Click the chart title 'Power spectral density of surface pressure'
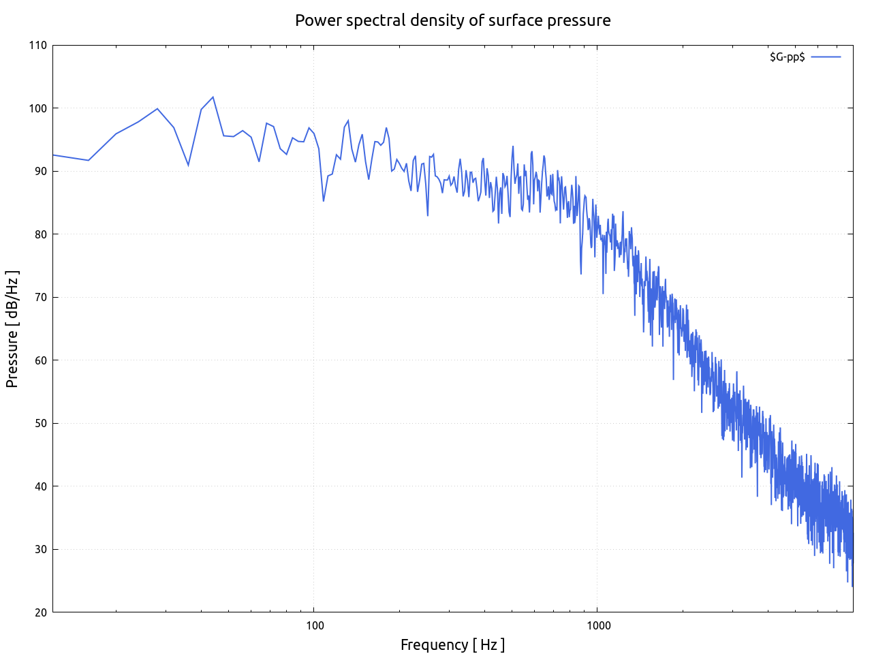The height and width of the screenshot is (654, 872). pyautogui.click(x=452, y=20)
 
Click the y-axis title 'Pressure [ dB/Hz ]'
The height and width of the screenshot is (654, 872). pyautogui.click(x=12, y=329)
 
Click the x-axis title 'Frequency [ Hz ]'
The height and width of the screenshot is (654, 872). pyautogui.click(x=452, y=644)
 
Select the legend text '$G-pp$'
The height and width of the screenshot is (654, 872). pyautogui.click(x=787, y=57)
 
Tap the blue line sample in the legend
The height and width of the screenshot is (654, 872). pyautogui.click(x=826, y=57)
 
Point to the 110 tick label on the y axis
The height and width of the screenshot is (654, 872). pyautogui.click(x=38, y=46)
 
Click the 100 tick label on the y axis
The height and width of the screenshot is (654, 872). pyautogui.click(x=38, y=108)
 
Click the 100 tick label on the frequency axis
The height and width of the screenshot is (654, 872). pyautogui.click(x=314, y=625)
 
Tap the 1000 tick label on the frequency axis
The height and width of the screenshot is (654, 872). pyautogui.click(x=597, y=625)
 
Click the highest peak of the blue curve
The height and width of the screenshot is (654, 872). pyautogui.click(x=213, y=97)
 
